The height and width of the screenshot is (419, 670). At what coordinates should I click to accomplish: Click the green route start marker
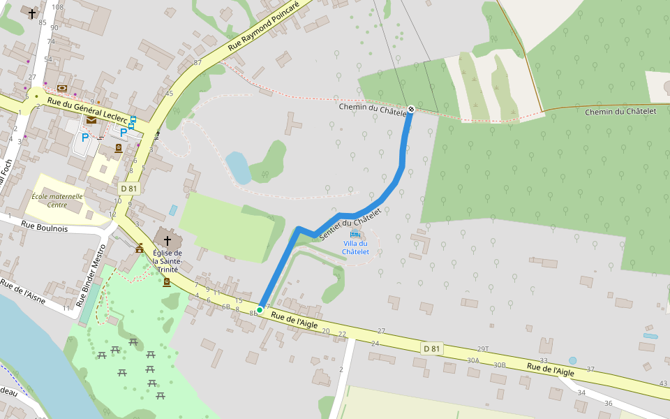[260, 309]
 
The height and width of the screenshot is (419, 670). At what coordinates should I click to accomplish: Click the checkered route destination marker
[412, 109]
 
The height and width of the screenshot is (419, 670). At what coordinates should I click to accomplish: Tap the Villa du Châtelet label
[355, 247]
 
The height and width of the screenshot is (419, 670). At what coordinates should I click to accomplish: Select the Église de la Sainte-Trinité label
[167, 260]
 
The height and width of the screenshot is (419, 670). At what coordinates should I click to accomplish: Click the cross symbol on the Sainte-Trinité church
[167, 240]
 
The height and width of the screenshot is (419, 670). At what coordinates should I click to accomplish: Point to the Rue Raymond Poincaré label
[263, 27]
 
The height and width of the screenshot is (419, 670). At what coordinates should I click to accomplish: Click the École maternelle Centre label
[57, 200]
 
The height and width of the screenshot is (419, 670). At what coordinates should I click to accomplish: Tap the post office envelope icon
[91, 120]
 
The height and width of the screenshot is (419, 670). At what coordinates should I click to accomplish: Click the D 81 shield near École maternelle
[129, 189]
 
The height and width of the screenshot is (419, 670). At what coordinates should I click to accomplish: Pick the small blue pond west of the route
[238, 168]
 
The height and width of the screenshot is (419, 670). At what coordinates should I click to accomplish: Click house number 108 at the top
[57, 7]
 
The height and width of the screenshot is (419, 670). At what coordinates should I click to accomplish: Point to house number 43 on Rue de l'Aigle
[663, 383]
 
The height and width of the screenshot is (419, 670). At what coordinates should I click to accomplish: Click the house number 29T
[482, 348]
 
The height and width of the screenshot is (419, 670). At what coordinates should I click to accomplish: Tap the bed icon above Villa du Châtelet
[355, 233]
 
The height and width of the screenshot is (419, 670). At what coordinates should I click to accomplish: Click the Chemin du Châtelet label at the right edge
[621, 112]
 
